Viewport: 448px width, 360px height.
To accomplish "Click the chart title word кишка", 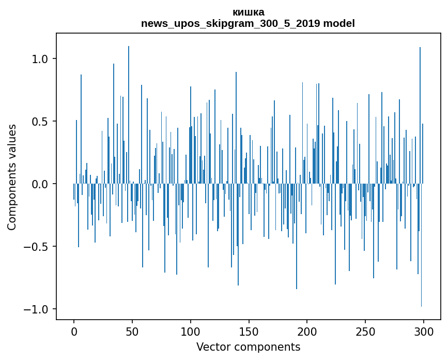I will [248, 12].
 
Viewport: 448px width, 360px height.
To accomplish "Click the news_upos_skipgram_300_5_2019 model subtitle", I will [248, 23].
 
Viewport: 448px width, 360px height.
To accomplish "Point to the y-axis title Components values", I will [12, 177].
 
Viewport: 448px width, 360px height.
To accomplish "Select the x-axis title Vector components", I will [248, 347].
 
